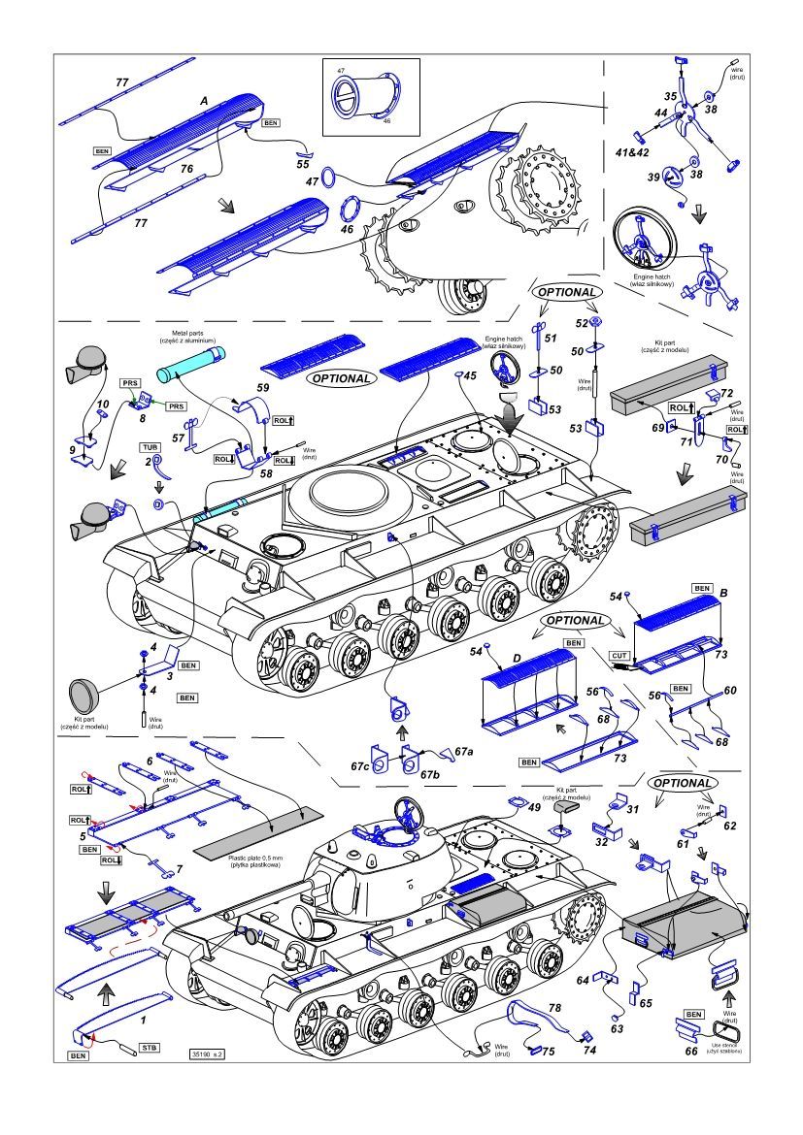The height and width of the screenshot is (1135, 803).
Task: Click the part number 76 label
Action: click(x=186, y=169)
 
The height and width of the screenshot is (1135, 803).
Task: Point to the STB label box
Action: click(x=150, y=1047)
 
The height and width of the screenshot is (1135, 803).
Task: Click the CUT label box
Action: click(x=619, y=655)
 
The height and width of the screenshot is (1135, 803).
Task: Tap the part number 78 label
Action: click(x=553, y=1009)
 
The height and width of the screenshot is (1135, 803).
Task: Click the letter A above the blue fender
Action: click(x=204, y=101)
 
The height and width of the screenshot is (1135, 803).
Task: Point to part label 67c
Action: click(x=361, y=766)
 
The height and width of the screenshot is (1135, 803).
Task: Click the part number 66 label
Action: click(x=690, y=1048)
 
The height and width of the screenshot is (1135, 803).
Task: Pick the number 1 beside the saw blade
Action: click(x=143, y=1019)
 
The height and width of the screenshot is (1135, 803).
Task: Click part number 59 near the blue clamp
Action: click(x=262, y=388)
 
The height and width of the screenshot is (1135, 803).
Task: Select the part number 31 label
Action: click(x=631, y=810)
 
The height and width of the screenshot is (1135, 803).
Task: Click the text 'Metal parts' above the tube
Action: click(x=188, y=333)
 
